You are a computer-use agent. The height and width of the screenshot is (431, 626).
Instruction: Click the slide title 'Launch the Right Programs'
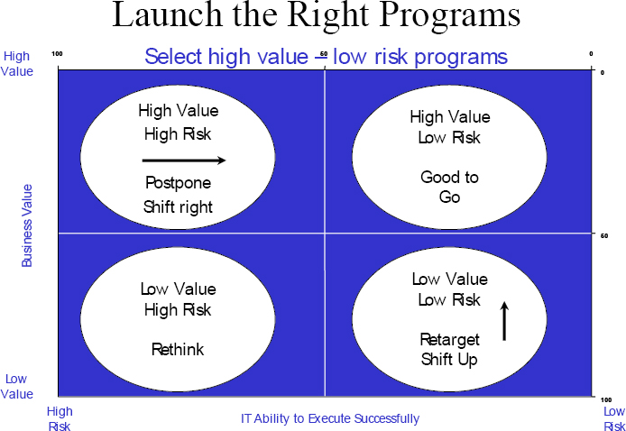click(316, 17)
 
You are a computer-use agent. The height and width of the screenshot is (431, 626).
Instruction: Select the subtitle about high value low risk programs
click(326, 57)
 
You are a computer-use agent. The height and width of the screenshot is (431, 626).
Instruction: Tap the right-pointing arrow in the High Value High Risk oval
click(184, 160)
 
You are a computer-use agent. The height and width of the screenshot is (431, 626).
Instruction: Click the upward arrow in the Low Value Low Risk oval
click(504, 321)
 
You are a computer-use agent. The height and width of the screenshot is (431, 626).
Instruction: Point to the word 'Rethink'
click(178, 350)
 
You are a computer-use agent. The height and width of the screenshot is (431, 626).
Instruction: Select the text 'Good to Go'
click(449, 187)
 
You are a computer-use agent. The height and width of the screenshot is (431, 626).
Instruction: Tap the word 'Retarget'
click(449, 339)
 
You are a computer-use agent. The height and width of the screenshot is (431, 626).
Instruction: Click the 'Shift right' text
click(178, 206)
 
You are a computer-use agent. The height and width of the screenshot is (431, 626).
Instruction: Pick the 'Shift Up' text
click(449, 360)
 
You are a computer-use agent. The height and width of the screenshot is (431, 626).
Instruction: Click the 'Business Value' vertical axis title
click(27, 225)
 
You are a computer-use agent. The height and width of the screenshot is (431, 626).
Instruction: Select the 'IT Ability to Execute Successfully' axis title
click(329, 418)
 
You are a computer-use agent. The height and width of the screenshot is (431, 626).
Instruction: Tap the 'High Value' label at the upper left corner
click(16, 63)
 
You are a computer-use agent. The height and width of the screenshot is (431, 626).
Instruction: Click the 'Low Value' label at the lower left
click(16, 387)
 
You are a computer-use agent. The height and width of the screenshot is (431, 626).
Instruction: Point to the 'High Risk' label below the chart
click(60, 418)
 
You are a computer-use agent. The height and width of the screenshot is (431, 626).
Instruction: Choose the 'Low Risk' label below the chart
click(613, 418)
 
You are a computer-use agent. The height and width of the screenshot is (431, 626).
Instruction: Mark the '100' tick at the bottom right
click(607, 399)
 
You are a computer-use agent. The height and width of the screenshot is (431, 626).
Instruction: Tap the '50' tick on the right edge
click(604, 236)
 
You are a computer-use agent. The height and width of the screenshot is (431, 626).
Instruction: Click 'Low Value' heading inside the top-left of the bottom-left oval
click(178, 289)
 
